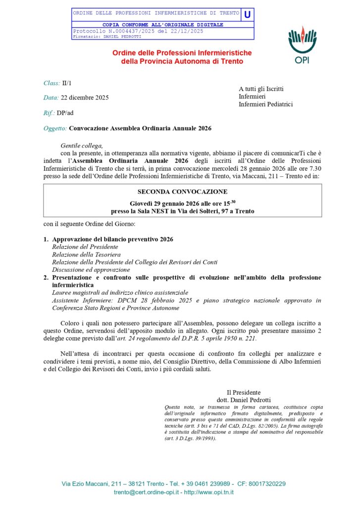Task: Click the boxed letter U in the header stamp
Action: [x=247, y=14]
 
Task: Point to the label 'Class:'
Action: [x=51, y=83]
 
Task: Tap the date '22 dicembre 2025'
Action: [x=85, y=98]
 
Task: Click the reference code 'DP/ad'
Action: [x=65, y=113]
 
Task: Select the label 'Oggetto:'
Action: [x=55, y=128]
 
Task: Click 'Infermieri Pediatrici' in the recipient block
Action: [x=265, y=104]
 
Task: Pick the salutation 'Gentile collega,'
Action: [x=82, y=146]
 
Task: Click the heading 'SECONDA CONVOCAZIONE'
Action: [x=183, y=191]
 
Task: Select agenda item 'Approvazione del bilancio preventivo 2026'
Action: [x=112, y=239]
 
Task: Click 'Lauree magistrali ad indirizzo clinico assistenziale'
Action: [x=120, y=293]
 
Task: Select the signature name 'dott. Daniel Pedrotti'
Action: [x=244, y=400]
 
